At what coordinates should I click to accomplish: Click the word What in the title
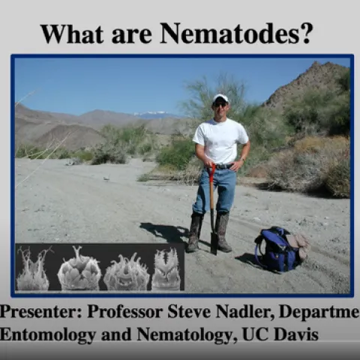pos(72,33)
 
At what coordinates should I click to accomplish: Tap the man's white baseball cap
pos(220,98)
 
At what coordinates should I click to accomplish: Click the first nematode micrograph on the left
pos(33,269)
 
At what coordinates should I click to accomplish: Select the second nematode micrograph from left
pos(79,269)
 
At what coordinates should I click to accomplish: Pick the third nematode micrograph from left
pos(125,271)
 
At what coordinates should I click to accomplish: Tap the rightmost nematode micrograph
pos(166,269)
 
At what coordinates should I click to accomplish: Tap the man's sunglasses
pos(220,104)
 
